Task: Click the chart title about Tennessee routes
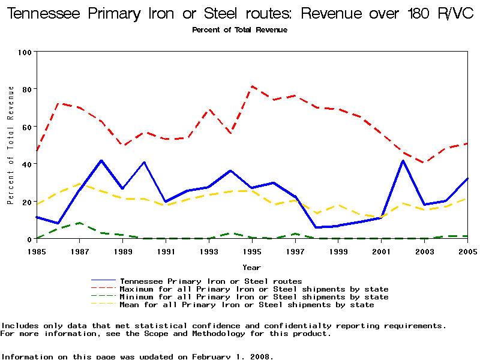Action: [239, 14]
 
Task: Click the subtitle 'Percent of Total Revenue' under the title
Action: [239, 29]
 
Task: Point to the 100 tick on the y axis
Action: [24, 52]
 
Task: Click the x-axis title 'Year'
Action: [251, 266]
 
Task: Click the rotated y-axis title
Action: [11, 145]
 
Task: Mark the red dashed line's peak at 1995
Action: [252, 86]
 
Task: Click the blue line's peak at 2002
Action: [403, 161]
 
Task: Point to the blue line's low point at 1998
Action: [317, 227]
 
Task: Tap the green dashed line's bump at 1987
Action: [80, 223]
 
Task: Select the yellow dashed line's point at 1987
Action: [80, 184]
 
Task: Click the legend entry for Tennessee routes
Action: [211, 281]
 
